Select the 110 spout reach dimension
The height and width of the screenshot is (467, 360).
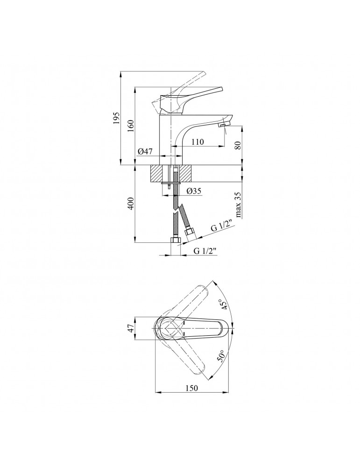(198, 142)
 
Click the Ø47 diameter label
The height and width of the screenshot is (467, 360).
(145, 151)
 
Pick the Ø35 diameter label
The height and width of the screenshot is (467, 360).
(194, 191)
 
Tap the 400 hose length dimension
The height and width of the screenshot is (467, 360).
(131, 204)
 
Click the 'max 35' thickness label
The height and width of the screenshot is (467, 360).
(238, 205)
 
